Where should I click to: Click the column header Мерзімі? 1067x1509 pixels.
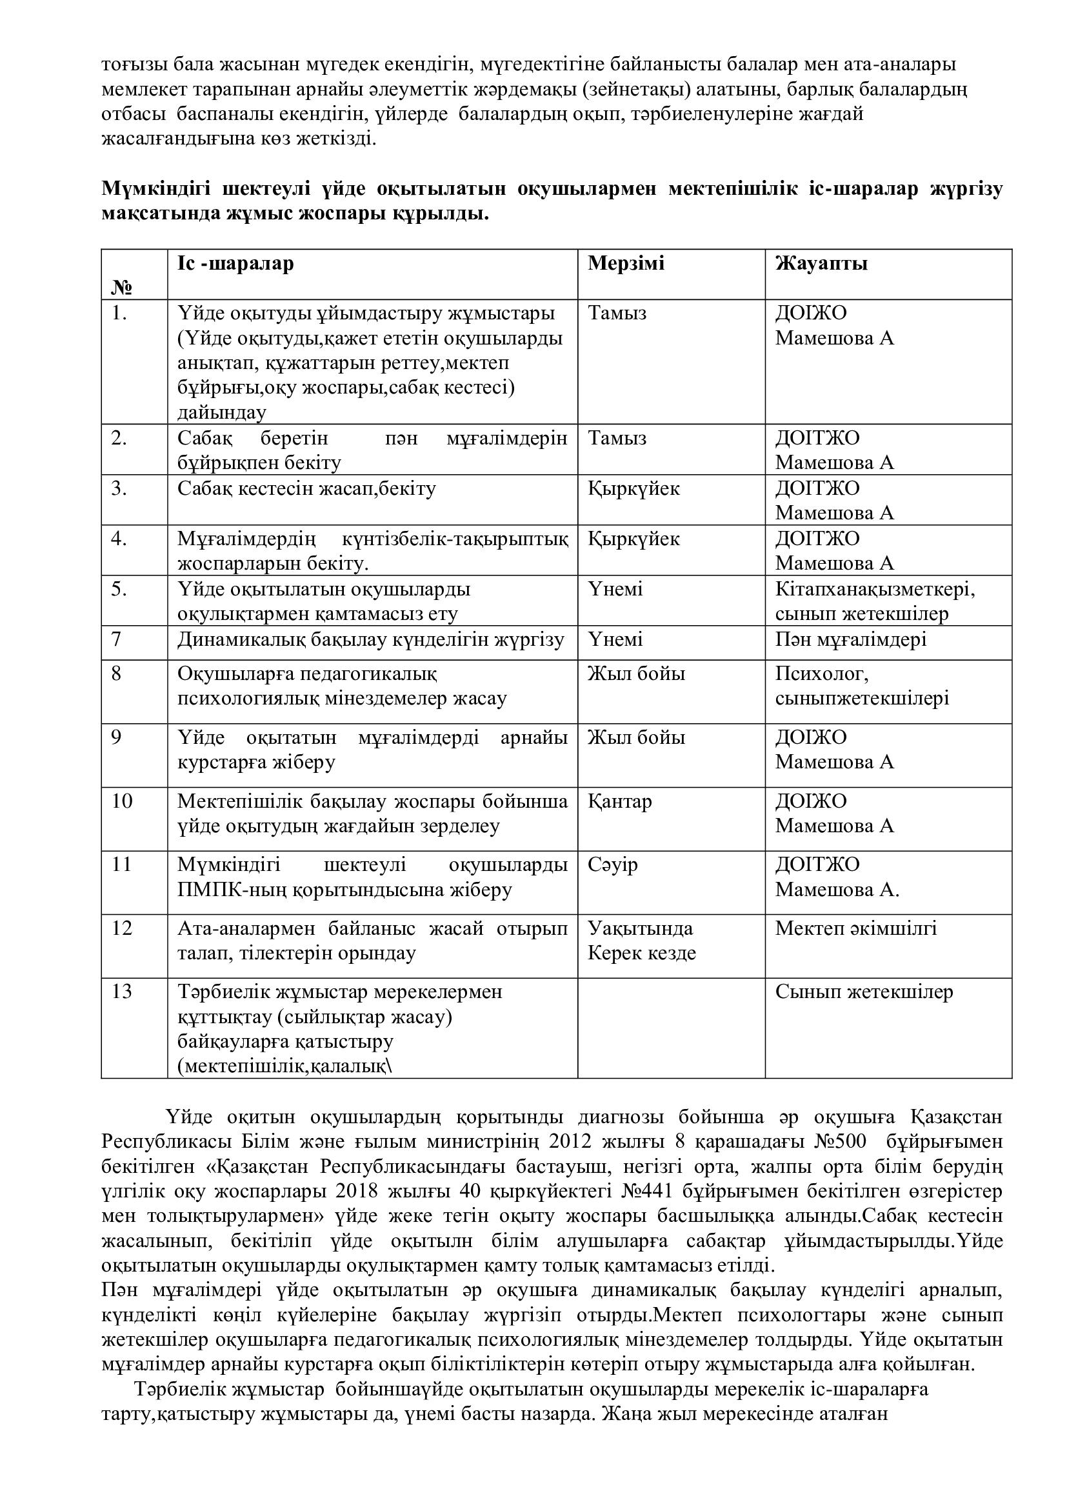click(x=626, y=264)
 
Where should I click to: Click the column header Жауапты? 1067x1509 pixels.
click(x=821, y=264)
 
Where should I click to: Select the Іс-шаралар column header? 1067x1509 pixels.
click(x=235, y=264)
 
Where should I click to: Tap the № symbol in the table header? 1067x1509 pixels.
click(x=123, y=287)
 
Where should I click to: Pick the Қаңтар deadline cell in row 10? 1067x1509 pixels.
click(x=619, y=801)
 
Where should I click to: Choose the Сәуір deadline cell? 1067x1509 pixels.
click(x=612, y=865)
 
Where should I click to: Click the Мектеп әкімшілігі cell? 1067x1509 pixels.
click(x=855, y=928)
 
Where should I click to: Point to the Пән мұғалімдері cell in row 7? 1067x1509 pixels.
click(x=851, y=639)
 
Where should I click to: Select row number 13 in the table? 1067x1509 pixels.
click(x=122, y=992)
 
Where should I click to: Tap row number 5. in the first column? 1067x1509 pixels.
click(x=119, y=589)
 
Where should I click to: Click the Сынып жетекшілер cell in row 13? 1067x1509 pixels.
click(x=863, y=992)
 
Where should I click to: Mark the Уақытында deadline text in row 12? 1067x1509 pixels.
click(x=640, y=928)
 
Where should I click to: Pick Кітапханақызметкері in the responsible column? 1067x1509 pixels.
click(x=875, y=590)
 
